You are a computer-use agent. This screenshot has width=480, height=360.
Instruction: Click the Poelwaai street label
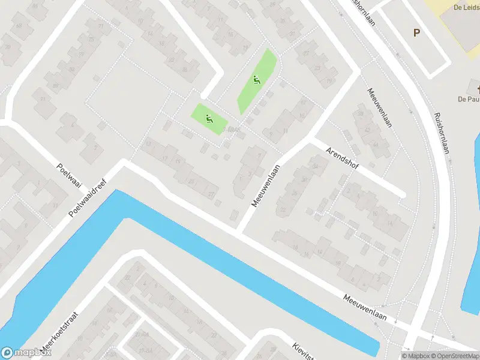pyautogui.click(x=69, y=176)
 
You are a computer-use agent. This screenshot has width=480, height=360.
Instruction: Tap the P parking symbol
pyautogui.click(x=416, y=33)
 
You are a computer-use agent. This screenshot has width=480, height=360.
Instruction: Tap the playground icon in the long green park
pyautogui.click(x=257, y=80)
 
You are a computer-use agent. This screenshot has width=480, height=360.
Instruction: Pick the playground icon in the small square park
pyautogui.click(x=209, y=118)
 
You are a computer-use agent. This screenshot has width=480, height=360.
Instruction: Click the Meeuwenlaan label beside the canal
pyautogui.click(x=365, y=307)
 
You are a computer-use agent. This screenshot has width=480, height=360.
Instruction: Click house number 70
pyautogui.click(x=8, y=46)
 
